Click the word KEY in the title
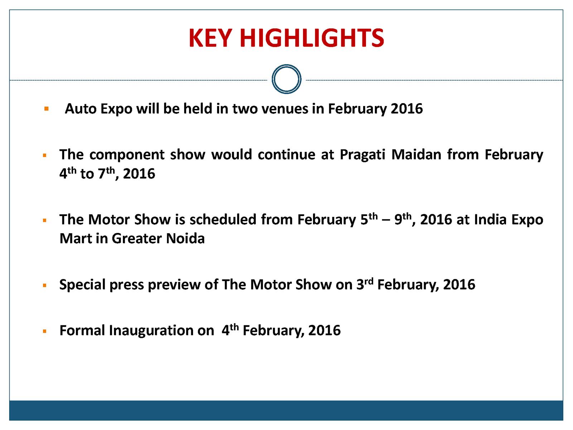click(x=210, y=38)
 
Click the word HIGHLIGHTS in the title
click(x=312, y=38)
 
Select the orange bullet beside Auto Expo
click(x=47, y=109)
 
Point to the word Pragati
click(x=362, y=155)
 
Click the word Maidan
click(x=416, y=154)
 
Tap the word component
click(x=127, y=155)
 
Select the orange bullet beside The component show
click(x=45, y=156)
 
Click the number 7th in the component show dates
click(x=106, y=173)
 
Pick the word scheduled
click(x=223, y=219)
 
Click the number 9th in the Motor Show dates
click(x=403, y=219)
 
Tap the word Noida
click(x=186, y=238)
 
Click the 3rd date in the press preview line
click(x=365, y=284)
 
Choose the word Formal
click(x=82, y=330)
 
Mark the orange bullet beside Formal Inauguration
click(x=45, y=331)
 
